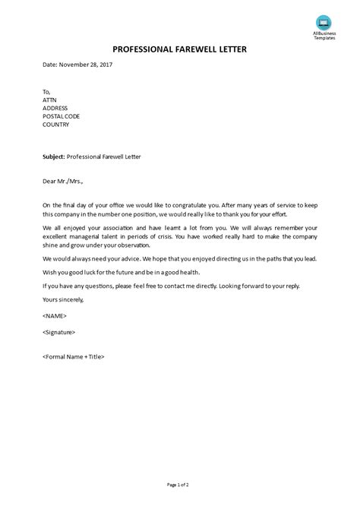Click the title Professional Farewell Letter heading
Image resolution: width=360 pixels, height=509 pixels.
click(x=179, y=49)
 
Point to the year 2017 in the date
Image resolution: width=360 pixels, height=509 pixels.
click(x=103, y=65)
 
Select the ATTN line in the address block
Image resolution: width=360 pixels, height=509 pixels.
click(x=50, y=97)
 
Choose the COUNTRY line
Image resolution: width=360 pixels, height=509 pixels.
click(x=57, y=125)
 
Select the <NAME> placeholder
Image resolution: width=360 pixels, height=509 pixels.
click(x=55, y=316)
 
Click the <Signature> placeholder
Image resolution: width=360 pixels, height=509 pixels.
click(x=59, y=332)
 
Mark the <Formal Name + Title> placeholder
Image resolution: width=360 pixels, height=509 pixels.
click(x=74, y=356)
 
